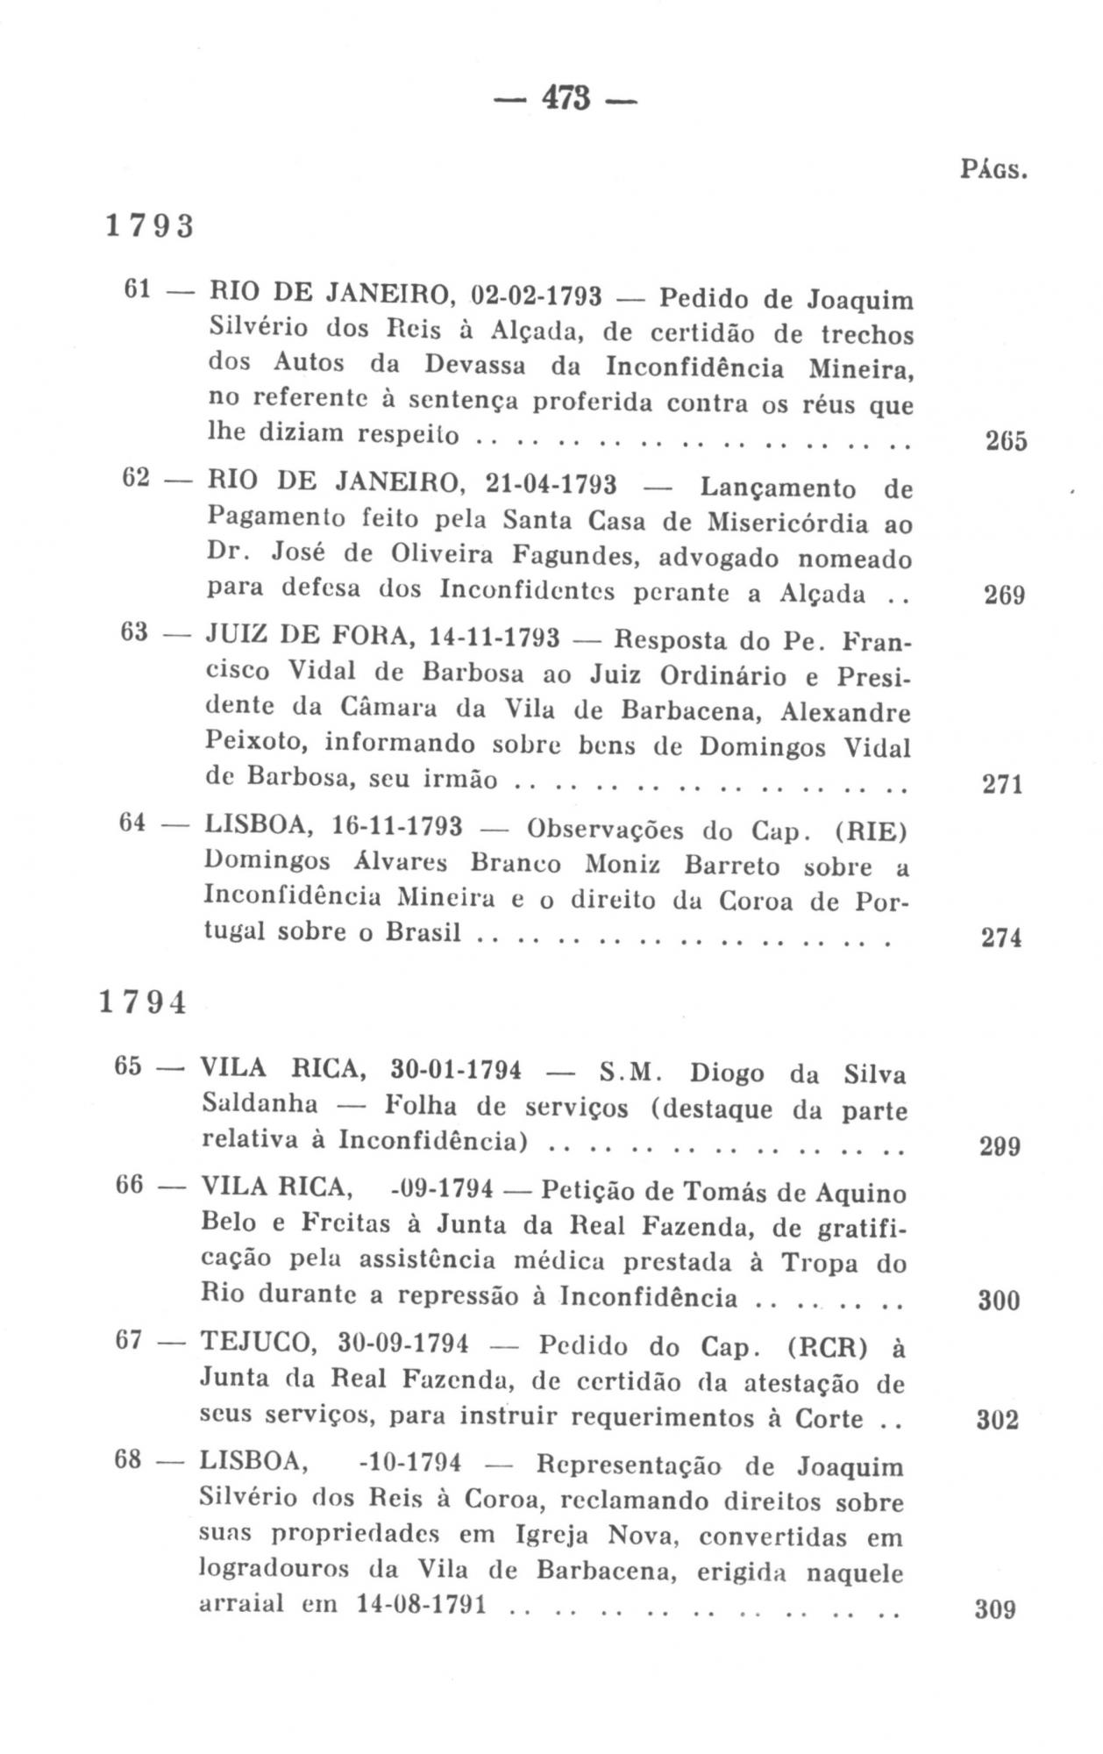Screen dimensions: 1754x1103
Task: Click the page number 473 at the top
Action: [567, 97]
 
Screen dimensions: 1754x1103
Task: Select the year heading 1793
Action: [149, 226]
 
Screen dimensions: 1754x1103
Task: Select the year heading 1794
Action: [144, 1002]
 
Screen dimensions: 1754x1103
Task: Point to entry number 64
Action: [133, 824]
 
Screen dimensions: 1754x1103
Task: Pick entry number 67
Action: [128, 1342]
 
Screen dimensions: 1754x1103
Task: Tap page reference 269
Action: [1004, 596]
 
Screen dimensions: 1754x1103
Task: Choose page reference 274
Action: [1001, 938]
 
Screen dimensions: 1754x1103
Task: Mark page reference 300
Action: [999, 1300]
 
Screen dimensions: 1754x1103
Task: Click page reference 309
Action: [995, 1609]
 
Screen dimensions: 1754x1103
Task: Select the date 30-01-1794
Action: [456, 1070]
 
